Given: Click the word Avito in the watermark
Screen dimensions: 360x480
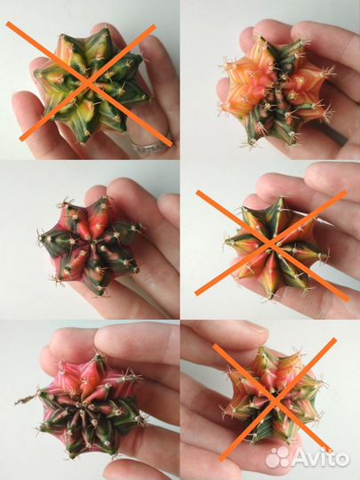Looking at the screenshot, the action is click(x=321, y=458).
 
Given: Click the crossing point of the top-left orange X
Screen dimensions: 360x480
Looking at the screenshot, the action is click(x=89, y=83).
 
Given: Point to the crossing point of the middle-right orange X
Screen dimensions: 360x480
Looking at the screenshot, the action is click(x=270, y=244).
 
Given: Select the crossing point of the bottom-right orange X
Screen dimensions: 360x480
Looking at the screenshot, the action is click(x=276, y=400).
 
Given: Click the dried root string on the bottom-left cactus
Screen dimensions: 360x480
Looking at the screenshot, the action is click(x=27, y=398).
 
